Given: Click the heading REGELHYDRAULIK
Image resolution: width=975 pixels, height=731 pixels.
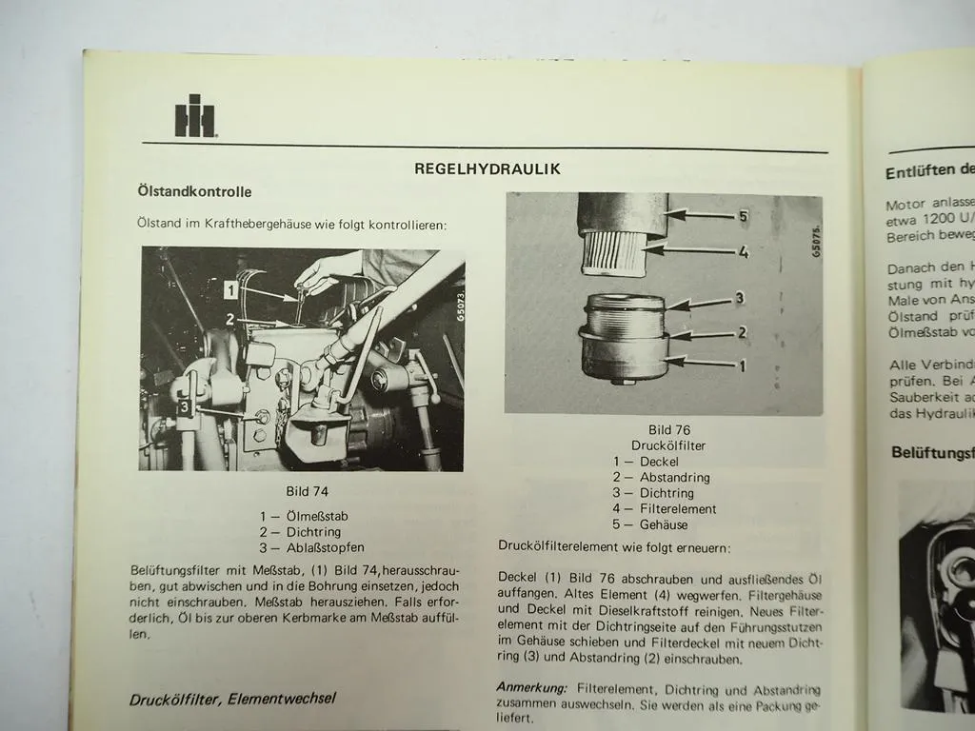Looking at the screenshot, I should click(x=487, y=168).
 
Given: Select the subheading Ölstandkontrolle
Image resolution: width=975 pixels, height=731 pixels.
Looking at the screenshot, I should click(x=194, y=191).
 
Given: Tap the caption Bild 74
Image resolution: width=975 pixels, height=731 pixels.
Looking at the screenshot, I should click(x=307, y=492).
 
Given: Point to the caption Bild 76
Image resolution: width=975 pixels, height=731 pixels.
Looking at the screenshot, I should click(x=668, y=429).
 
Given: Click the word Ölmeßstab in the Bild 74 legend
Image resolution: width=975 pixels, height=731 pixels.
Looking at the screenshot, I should click(x=317, y=516).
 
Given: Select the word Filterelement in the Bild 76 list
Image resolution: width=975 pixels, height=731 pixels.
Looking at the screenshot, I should click(x=678, y=509).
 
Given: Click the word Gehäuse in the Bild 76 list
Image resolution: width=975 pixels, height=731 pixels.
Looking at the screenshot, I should click(x=664, y=524).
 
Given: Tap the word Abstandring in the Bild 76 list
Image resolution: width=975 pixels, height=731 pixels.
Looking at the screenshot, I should click(x=674, y=478).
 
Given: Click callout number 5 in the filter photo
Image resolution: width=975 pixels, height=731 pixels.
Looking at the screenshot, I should click(x=743, y=216).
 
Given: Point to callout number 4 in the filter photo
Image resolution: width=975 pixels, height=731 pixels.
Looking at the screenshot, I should click(x=743, y=252).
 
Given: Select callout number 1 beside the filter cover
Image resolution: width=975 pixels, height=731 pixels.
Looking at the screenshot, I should click(x=742, y=365).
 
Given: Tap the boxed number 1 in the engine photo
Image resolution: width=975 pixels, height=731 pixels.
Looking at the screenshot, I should click(x=230, y=286).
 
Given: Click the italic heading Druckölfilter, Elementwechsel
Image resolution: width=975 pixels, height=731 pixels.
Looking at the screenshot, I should click(x=232, y=699).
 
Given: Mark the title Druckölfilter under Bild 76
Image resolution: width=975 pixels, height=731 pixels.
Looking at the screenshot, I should click(x=668, y=445).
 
